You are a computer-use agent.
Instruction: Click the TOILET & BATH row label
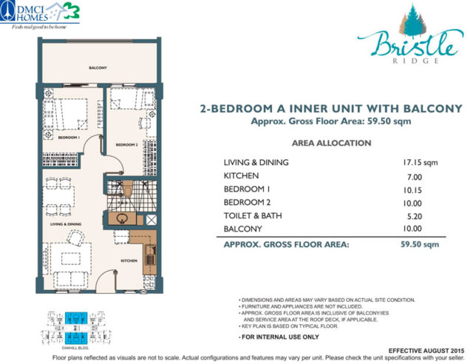pyautogui.click(x=254, y=216)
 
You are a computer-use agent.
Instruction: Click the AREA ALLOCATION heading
pyautogui.click(x=331, y=143)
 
